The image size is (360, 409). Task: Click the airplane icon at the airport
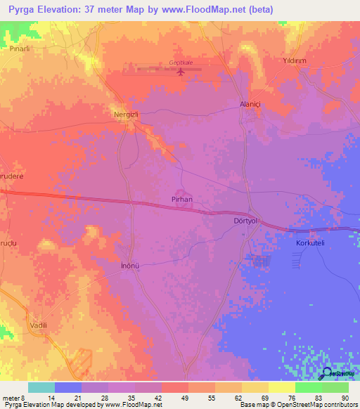[181, 71]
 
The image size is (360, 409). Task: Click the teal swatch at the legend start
[41, 387]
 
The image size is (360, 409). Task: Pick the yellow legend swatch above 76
[281, 387]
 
